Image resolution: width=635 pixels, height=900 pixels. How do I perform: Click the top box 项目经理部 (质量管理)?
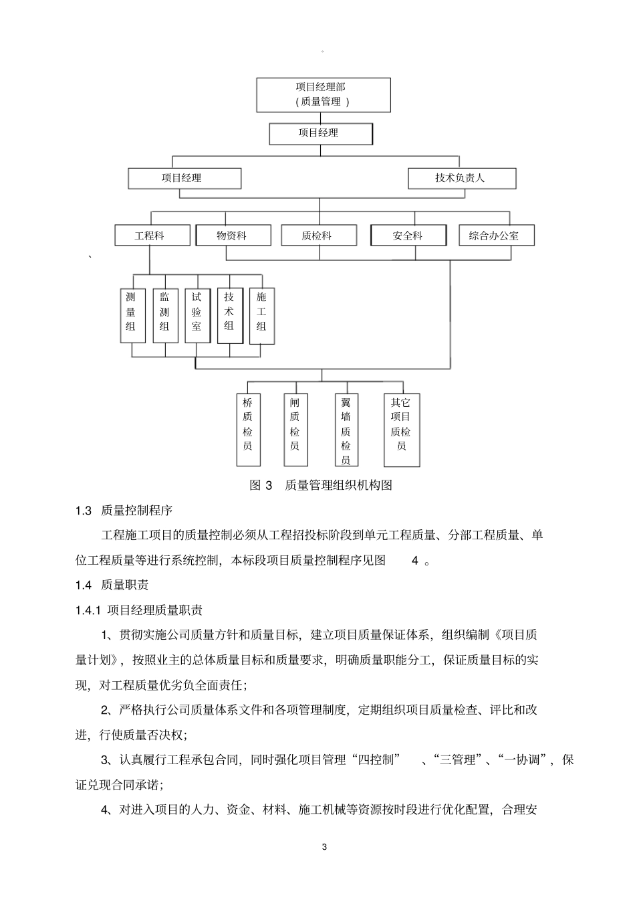pos(324,94)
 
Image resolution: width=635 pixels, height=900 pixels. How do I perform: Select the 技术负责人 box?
pos(461,179)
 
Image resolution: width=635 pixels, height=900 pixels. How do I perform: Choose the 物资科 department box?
pos(233,236)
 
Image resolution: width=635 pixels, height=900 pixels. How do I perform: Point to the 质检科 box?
pos(317,236)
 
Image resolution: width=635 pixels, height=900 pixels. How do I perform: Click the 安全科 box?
pos(408,236)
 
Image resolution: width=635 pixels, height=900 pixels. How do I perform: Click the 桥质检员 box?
pos(248,430)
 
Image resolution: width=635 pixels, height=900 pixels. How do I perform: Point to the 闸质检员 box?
pos(295,430)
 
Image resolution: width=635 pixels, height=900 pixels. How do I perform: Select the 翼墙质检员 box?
pos(346,430)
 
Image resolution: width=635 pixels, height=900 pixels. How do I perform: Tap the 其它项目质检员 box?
pos(402,430)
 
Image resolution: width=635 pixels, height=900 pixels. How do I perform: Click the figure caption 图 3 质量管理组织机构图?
pos(321,485)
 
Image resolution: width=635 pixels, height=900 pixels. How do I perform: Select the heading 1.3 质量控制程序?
pos(124,511)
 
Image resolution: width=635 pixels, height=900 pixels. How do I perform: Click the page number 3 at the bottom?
pos(325,847)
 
